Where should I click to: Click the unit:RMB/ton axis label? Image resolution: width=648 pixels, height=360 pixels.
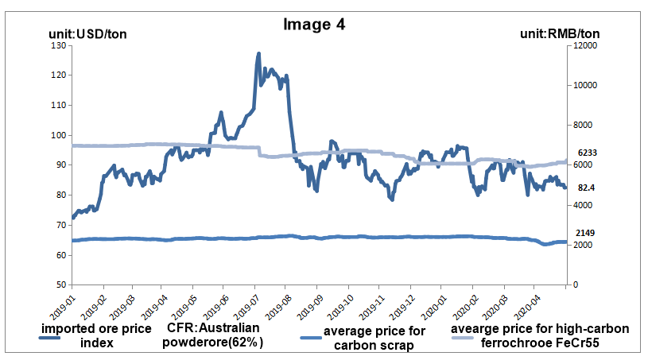[559, 34]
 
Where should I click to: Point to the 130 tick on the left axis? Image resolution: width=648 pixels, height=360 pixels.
[58, 45]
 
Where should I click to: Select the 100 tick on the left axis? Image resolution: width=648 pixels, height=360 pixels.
[58, 135]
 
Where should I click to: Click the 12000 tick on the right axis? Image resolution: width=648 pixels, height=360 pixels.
[585, 45]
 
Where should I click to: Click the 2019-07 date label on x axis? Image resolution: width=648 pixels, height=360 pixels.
[245, 305]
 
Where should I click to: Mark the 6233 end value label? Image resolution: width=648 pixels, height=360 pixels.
[587, 152]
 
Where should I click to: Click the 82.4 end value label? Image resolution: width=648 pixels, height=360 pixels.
[586, 188]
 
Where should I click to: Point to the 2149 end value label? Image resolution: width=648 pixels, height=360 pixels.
[587, 233]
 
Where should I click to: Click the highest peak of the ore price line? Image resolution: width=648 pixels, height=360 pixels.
[258, 54]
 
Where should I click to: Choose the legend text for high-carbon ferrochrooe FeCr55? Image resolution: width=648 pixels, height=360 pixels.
[540, 336]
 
